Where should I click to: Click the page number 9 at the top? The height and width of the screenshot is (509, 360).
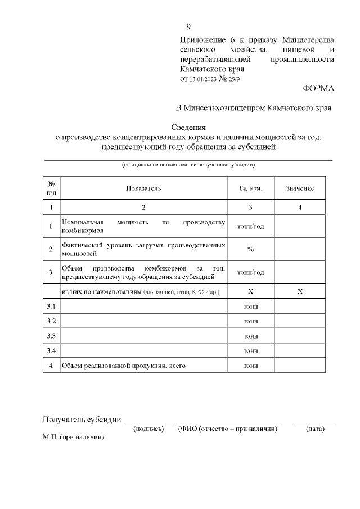coord(188,27)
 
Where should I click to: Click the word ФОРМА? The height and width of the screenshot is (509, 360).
coord(318,88)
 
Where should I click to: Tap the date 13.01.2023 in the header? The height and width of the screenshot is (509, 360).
coord(201,79)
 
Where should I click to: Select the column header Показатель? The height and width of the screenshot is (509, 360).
coord(143,188)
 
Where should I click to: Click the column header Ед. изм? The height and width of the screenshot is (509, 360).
coord(250,188)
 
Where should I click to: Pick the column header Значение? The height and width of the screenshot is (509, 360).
coord(300,188)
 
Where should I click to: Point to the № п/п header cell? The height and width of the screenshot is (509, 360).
coord(51,188)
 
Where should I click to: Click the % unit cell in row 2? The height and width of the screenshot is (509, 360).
coord(250,249)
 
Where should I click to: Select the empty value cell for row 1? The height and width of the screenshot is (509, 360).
coord(300,226)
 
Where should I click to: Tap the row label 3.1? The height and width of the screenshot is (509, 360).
coord(51,306)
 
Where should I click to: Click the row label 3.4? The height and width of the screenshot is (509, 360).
coord(51,351)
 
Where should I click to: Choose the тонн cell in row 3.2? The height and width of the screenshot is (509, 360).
coord(250,321)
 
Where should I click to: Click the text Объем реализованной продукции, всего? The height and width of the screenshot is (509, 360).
coord(124,366)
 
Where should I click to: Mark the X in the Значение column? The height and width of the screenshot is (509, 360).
coord(300,291)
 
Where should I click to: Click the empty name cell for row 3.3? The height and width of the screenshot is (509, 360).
coord(143,336)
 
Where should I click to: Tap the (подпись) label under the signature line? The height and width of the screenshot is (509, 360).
coord(148,429)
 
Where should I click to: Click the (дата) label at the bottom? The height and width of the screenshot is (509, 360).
coord(314,429)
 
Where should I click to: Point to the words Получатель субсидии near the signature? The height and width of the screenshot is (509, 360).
coord(82,420)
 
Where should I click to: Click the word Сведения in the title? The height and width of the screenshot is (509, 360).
coord(188,127)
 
